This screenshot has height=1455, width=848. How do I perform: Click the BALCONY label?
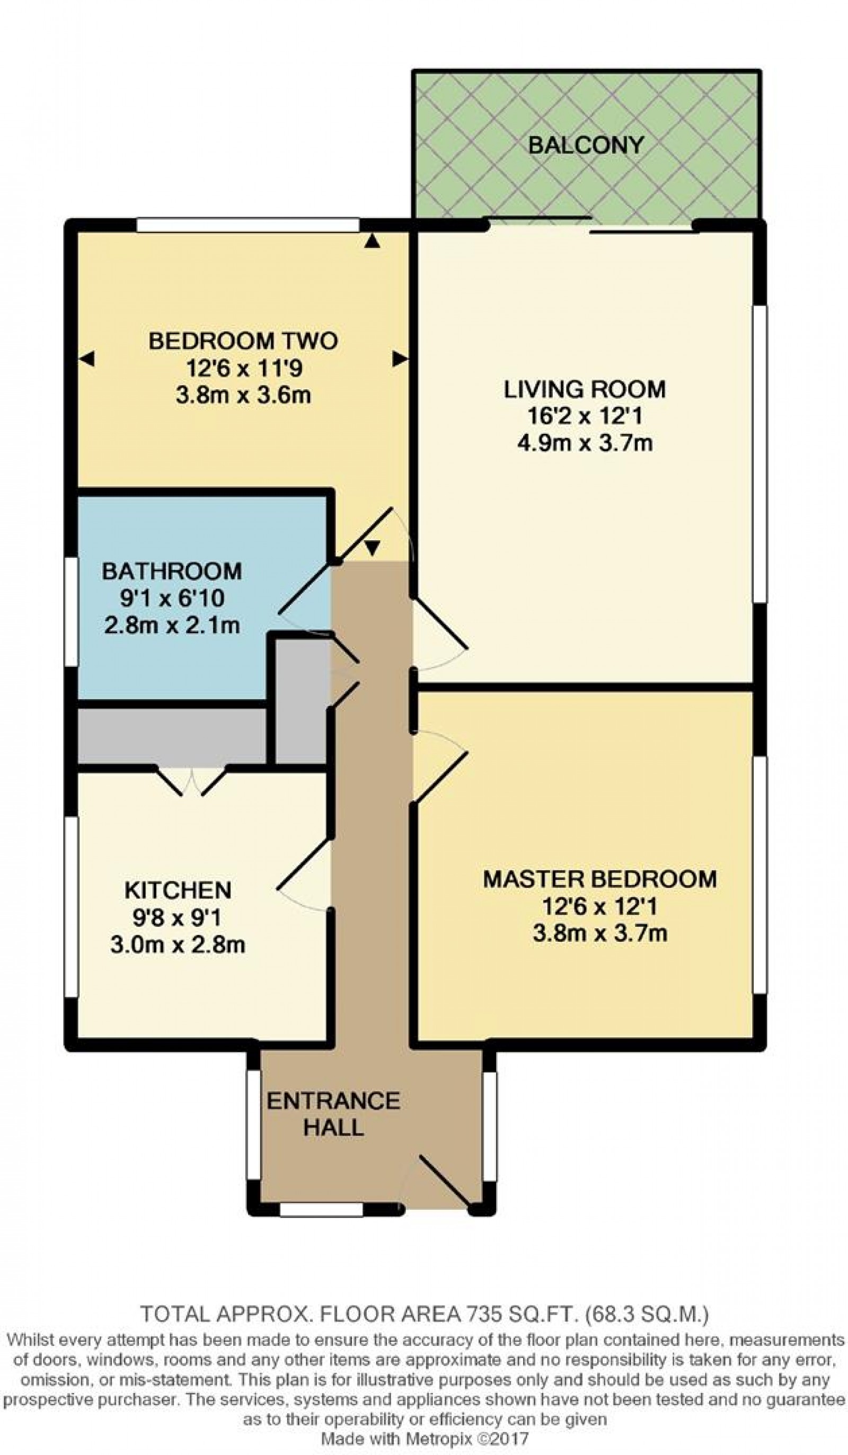click(x=585, y=145)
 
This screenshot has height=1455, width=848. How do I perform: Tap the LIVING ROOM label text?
click(x=585, y=389)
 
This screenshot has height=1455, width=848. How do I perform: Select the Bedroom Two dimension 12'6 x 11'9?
click(x=243, y=368)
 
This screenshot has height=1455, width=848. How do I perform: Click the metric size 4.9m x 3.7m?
click(x=585, y=443)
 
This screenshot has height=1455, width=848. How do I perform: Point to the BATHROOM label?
click(x=172, y=571)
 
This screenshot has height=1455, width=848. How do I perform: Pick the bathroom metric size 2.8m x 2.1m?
click(x=172, y=626)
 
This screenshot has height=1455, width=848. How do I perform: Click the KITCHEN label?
click(x=178, y=890)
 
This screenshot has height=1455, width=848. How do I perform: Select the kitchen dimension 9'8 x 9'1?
click(x=178, y=917)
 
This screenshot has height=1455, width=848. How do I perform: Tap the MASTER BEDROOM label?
click(x=599, y=879)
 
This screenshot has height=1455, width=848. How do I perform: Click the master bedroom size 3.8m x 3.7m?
click(x=599, y=933)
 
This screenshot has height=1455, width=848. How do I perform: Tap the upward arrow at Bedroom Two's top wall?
click(x=373, y=241)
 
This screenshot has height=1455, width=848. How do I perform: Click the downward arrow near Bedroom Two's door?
click(x=373, y=546)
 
